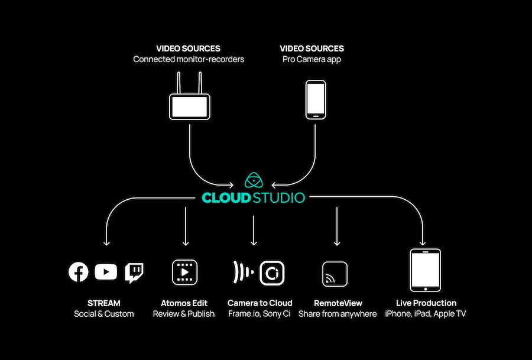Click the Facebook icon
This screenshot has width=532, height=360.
(79, 272)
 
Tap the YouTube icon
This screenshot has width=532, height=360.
(106, 272)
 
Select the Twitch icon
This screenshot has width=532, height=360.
(134, 272)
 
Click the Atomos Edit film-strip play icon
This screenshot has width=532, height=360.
(184, 273)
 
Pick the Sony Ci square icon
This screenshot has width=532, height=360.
(273, 273)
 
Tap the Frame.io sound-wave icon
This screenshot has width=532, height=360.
(241, 273)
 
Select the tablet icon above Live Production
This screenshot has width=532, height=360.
(425, 270)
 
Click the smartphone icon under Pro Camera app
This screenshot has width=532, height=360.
(315, 99)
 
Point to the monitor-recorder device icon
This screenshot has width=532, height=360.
(189, 106)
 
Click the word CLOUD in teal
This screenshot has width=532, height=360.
(226, 197)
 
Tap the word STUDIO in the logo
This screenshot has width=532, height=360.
(279, 197)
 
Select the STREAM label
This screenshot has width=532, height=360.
(104, 303)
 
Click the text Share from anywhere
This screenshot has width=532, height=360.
(338, 314)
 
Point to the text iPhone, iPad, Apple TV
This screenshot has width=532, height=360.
(426, 314)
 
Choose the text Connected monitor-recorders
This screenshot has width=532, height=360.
(189, 59)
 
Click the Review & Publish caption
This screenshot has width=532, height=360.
(184, 314)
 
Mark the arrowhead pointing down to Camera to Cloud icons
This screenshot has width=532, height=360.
(254, 242)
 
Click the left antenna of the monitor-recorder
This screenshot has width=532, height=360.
(179, 83)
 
